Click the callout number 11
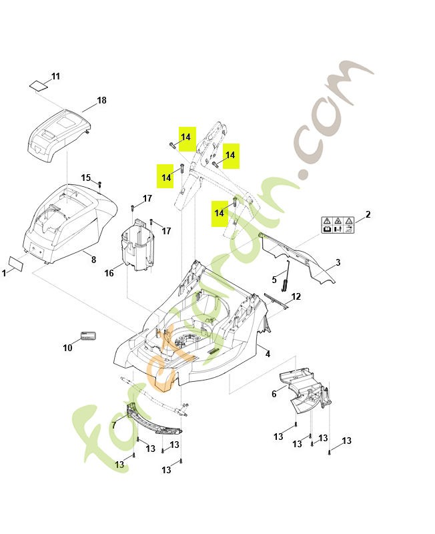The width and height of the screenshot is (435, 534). [x=55, y=76]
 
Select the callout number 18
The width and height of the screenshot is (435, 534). [x=101, y=100]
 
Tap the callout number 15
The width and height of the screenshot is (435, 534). [x=86, y=178]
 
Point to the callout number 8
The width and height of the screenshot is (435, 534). [x=93, y=260]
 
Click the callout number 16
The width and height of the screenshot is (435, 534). [x=109, y=273]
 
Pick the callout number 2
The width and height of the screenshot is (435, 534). [x=368, y=214]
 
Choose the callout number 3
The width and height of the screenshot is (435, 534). [x=338, y=262]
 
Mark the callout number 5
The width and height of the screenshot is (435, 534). [x=274, y=280]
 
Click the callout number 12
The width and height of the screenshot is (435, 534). [x=296, y=296]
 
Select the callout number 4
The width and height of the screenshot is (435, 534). [x=268, y=354]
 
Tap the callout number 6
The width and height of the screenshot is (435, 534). [x=274, y=394]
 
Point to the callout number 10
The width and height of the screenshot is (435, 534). [x=67, y=347]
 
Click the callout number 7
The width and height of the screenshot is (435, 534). [x=113, y=425]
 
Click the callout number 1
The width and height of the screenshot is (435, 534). [x=4, y=273]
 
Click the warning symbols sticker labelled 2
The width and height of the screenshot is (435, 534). [x=338, y=225]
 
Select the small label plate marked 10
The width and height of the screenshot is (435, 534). [x=88, y=336]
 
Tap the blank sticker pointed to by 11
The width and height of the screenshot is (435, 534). [x=38, y=85]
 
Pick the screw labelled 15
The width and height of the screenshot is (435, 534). [x=99, y=184]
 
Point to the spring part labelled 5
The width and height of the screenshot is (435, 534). [x=286, y=276]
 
